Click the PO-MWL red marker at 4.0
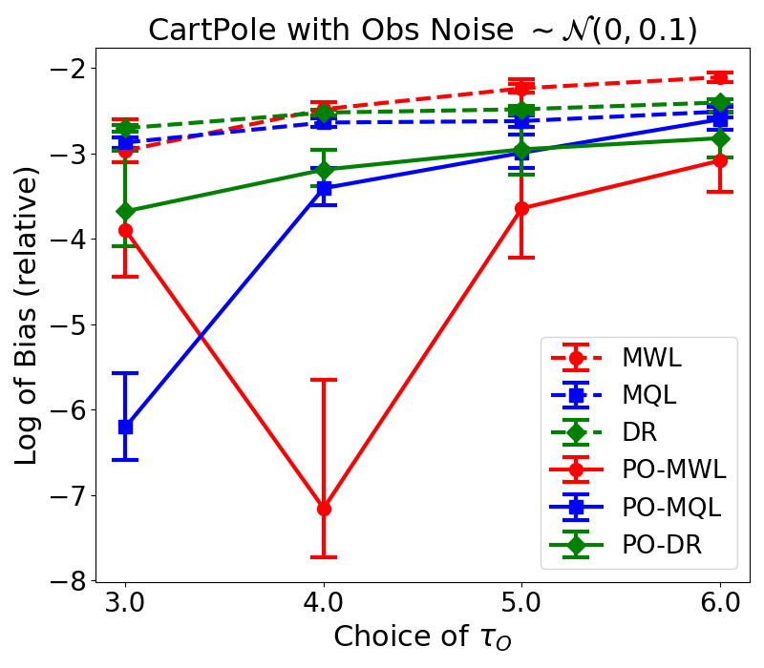tap(324, 509)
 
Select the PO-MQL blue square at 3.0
tap(125, 427)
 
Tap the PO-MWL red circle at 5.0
tap(521, 208)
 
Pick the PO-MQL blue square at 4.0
tap(324, 189)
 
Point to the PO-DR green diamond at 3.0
tap(125, 211)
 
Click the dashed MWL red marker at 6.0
tap(719, 77)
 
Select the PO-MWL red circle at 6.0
tap(719, 160)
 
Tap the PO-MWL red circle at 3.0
tap(125, 230)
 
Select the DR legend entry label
tap(641, 432)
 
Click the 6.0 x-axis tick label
tap(719, 605)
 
